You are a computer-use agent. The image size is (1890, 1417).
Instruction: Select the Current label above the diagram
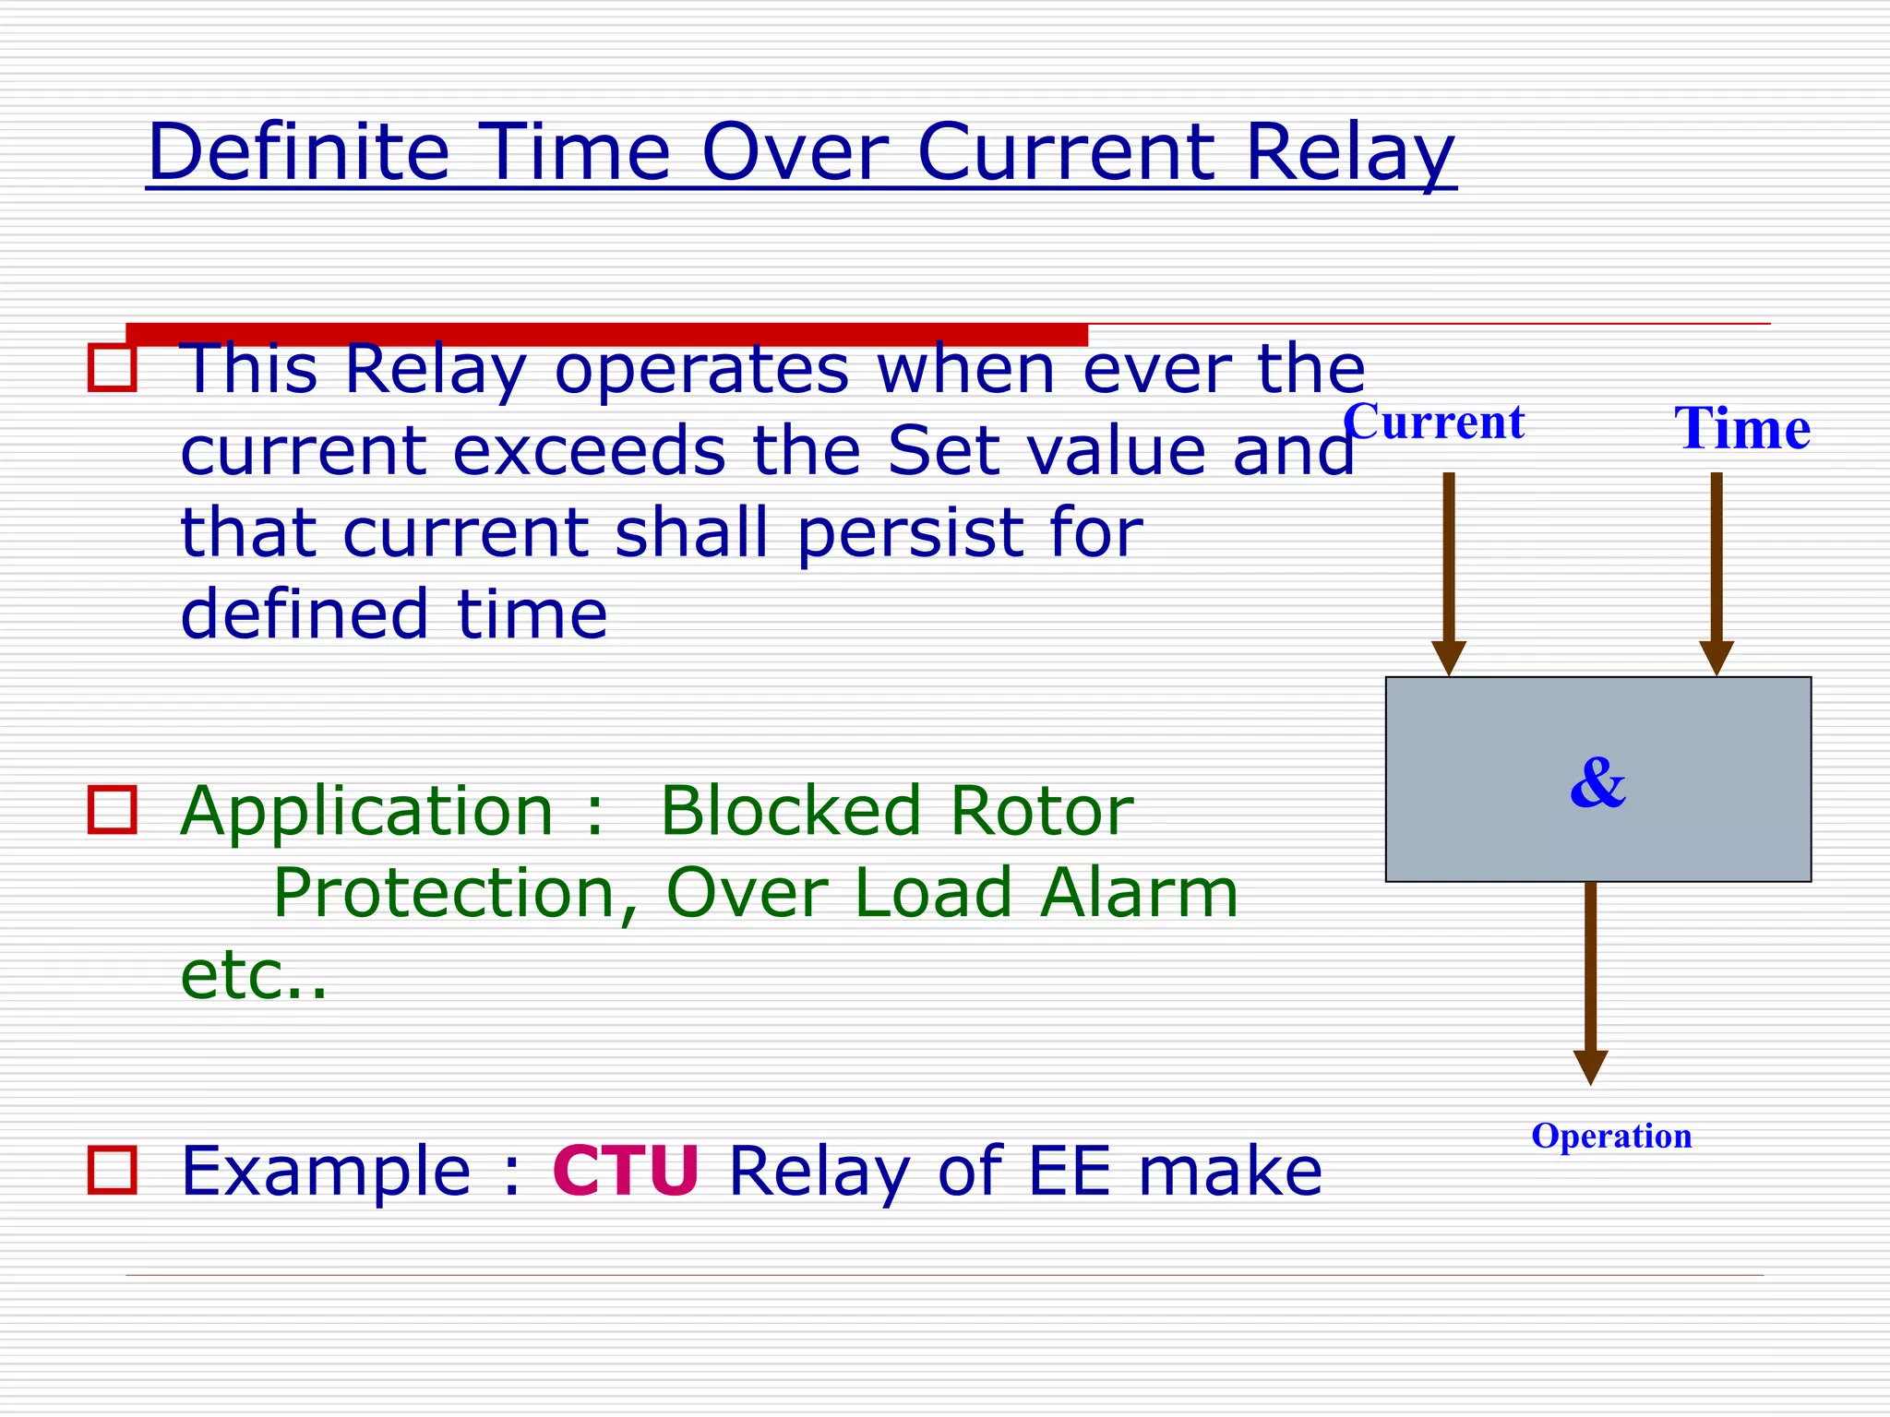click(1433, 423)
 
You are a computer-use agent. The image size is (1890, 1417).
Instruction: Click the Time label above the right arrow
click(1741, 429)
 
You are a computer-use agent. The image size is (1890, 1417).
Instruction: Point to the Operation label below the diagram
click(1611, 1136)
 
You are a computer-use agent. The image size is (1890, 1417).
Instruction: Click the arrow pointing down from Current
click(1449, 572)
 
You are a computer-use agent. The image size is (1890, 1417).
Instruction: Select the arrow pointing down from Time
click(1717, 572)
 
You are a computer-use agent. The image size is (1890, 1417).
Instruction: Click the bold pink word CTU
click(626, 1172)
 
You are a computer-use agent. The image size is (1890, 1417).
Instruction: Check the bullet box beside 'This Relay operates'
click(113, 367)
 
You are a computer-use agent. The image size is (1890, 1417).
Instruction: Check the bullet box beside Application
click(113, 810)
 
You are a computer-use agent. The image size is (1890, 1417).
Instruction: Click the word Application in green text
click(366, 812)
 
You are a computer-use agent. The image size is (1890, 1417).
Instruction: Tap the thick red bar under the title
click(606, 334)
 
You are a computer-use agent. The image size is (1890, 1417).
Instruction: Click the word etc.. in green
click(254, 976)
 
